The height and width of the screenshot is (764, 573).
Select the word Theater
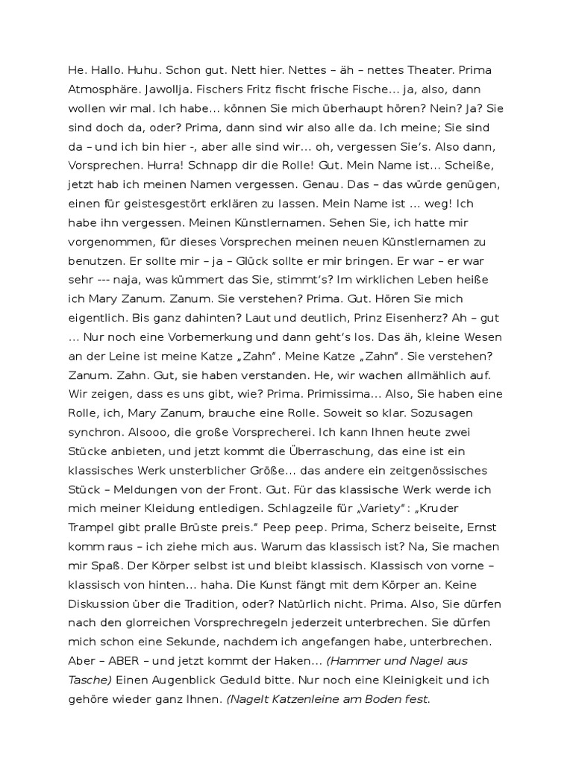(423, 69)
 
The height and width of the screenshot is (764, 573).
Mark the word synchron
(93, 432)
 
